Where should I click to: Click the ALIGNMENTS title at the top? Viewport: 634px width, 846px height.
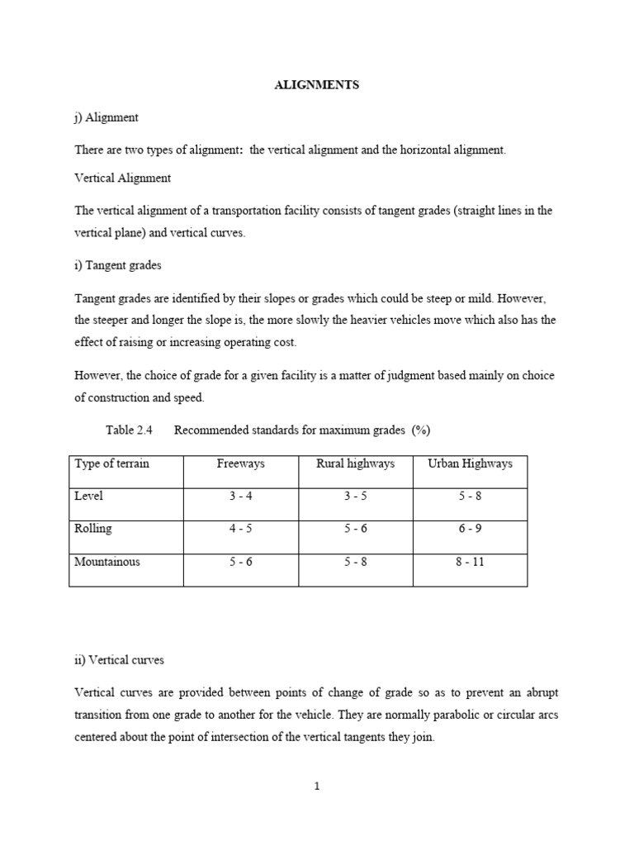click(x=317, y=85)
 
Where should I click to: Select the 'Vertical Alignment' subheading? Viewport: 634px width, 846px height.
click(x=122, y=178)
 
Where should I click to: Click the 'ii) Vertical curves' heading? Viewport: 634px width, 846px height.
click(x=119, y=660)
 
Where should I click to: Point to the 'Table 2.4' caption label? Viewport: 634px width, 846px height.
click(x=130, y=430)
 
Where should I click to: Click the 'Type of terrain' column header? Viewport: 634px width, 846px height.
click(x=112, y=463)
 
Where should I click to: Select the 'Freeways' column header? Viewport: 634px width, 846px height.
click(x=240, y=463)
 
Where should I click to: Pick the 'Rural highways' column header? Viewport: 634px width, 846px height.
click(x=355, y=463)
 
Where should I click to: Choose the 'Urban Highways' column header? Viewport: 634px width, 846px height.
click(x=470, y=463)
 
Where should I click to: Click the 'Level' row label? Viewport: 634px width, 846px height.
click(x=89, y=496)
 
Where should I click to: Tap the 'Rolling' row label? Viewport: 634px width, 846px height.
click(x=93, y=529)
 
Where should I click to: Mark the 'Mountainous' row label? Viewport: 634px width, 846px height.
click(x=107, y=562)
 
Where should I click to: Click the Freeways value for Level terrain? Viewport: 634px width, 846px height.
click(x=240, y=497)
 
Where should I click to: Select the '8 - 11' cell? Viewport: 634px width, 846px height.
click(x=470, y=563)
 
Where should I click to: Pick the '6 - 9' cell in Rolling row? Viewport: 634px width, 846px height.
click(x=470, y=530)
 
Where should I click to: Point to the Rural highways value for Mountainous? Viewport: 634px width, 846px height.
click(x=355, y=563)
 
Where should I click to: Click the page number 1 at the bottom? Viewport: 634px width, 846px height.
click(x=317, y=787)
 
